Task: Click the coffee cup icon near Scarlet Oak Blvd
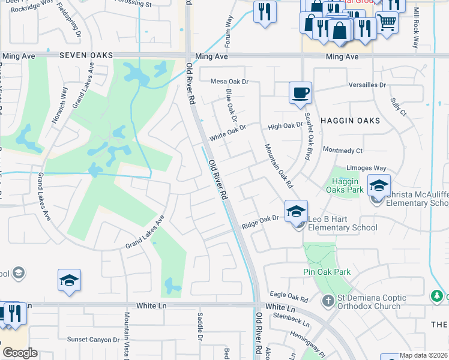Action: click(x=300, y=93)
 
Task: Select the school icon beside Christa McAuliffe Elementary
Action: click(x=379, y=186)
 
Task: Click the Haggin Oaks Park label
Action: click(x=345, y=186)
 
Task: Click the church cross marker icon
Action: click(x=328, y=299)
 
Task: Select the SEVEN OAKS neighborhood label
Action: click(x=86, y=55)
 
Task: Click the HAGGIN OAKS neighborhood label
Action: click(x=350, y=121)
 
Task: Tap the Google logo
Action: click(x=20, y=353)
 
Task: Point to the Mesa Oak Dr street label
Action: click(x=229, y=81)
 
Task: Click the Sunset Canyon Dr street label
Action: click(x=93, y=340)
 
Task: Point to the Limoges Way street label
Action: click(x=366, y=169)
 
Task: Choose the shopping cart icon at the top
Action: click(x=387, y=22)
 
